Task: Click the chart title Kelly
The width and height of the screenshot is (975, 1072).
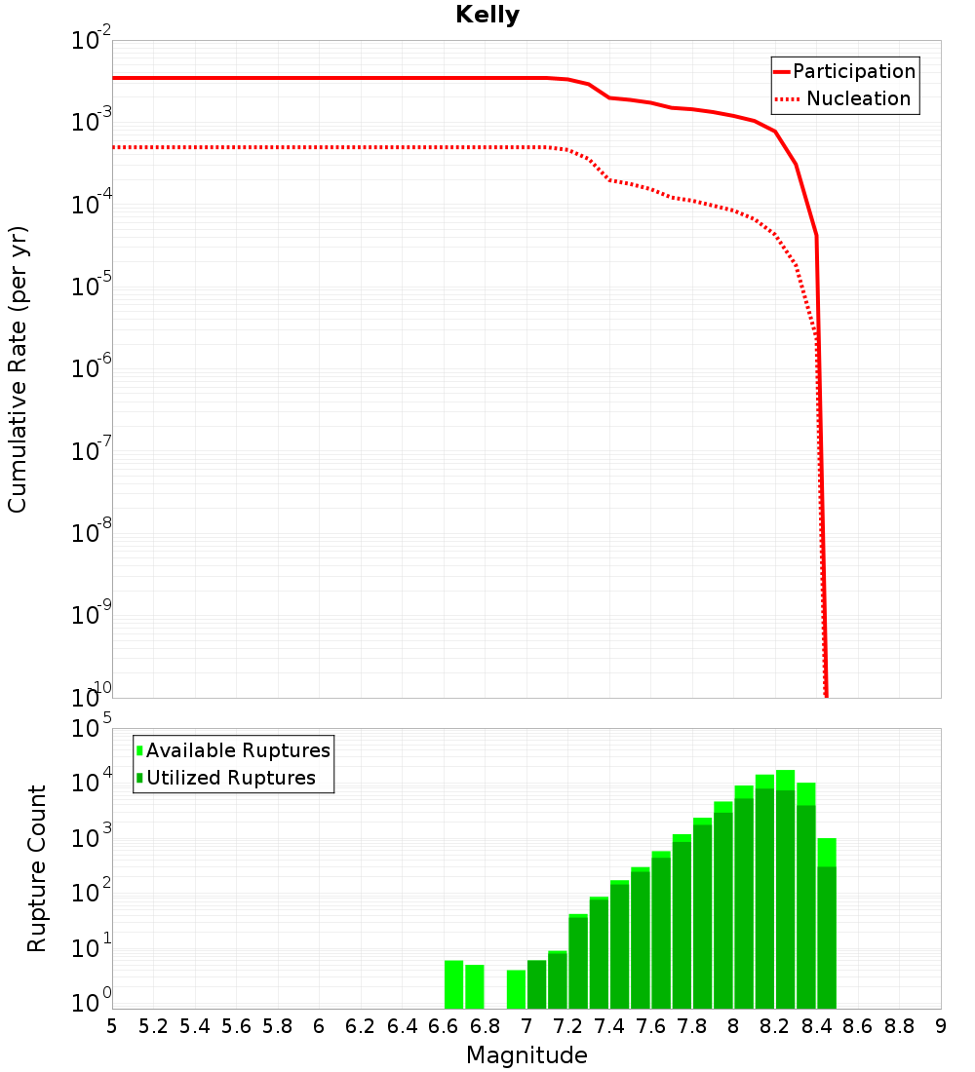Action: point(487,16)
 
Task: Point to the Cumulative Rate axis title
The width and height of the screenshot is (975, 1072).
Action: point(19,368)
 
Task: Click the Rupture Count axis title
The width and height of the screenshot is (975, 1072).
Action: point(37,868)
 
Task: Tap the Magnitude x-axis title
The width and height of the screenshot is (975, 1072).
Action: point(526,1055)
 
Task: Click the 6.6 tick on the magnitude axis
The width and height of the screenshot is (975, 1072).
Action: point(444,1026)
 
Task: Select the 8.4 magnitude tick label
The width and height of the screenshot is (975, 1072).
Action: point(817,1026)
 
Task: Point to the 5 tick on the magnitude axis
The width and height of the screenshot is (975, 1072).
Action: point(112,1026)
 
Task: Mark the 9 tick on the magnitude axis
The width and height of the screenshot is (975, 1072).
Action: point(941,1026)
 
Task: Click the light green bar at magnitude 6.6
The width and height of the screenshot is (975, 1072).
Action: point(454,984)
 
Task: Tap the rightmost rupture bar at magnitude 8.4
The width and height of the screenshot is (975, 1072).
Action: point(827,926)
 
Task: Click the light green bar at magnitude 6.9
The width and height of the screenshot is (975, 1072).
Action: point(516,989)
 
